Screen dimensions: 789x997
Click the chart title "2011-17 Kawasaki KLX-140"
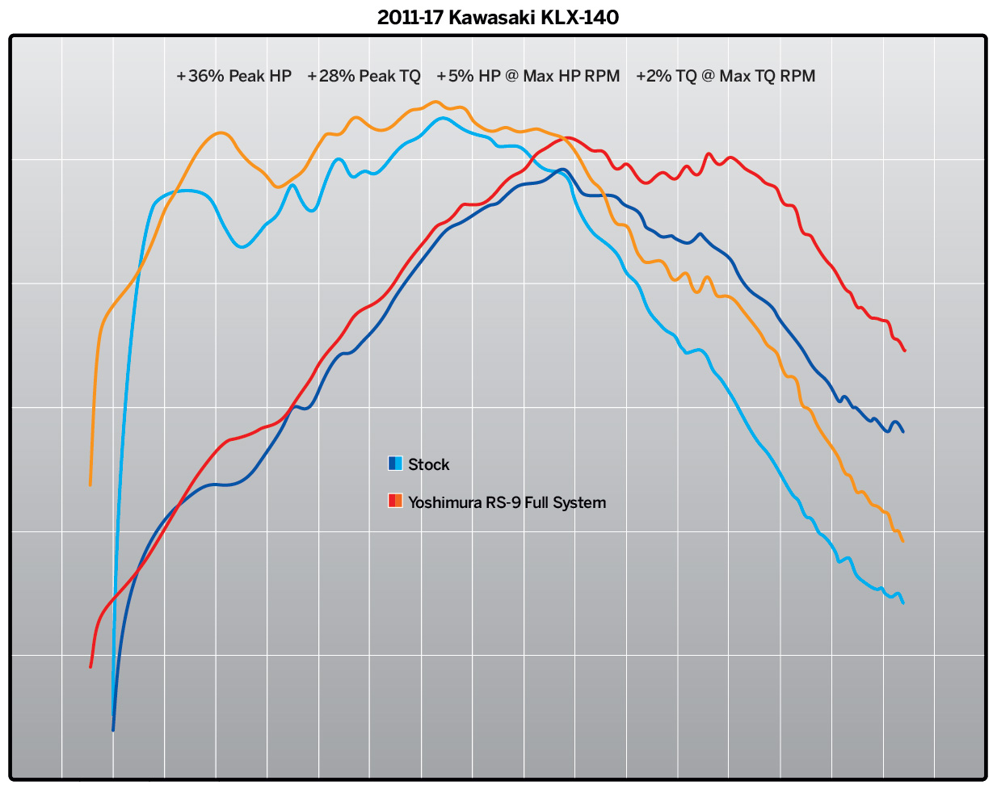[x=498, y=17]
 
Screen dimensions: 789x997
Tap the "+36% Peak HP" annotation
[x=233, y=76]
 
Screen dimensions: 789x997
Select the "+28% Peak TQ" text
[x=364, y=76]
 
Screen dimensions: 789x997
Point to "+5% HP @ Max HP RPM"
[x=528, y=76]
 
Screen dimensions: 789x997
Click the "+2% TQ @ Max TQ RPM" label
[x=726, y=76]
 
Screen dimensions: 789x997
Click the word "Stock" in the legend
[x=428, y=464]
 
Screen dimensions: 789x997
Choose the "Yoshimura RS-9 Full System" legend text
[x=507, y=502]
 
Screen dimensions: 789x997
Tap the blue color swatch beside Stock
[x=395, y=464]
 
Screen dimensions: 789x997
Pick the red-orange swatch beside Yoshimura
[x=395, y=501]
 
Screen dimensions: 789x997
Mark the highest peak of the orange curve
[x=436, y=102]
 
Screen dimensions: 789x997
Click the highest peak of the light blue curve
[x=442, y=118]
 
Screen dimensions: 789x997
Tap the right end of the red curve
[x=905, y=350]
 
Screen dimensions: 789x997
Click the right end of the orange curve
[x=902, y=540]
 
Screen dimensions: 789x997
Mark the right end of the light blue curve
[x=902, y=602]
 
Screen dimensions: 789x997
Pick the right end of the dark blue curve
[x=902, y=431]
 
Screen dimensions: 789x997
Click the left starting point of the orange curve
[x=90, y=485]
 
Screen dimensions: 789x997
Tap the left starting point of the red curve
[x=90, y=667]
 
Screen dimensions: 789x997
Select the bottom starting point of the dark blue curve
[x=113, y=730]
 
